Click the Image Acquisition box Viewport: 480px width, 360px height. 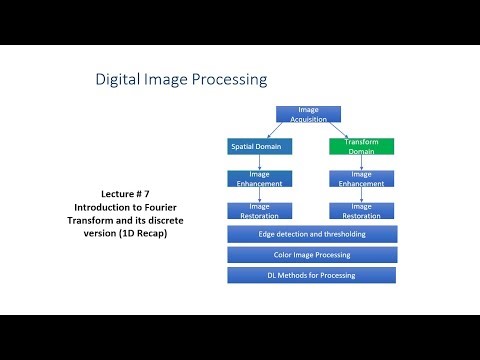(307, 113)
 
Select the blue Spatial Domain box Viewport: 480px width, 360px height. (260, 146)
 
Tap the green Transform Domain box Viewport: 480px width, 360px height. (361, 146)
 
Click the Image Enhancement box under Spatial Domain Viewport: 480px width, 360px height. (260, 179)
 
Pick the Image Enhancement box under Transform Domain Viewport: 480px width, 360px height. (362, 179)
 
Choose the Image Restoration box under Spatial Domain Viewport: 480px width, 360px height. (260, 211)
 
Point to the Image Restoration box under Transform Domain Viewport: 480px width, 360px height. (362, 211)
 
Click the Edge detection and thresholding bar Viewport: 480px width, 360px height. (312, 234)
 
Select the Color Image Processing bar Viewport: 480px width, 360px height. (312, 255)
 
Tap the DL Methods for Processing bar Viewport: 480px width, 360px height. (312, 275)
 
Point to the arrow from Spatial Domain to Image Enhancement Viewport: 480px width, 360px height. (260, 162)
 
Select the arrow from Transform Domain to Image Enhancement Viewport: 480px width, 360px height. (362, 162)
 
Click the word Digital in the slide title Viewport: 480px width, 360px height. (118, 79)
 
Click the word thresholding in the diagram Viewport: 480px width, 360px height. (339, 234)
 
